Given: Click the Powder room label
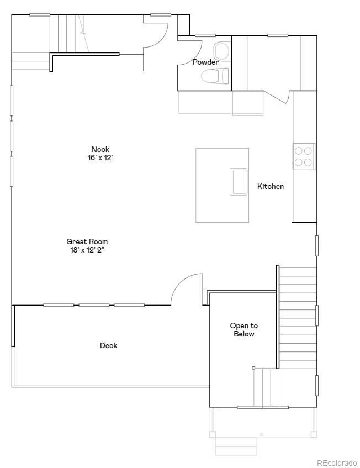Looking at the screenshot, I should [x=205, y=62].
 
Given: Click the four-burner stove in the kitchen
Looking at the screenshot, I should [x=303, y=155].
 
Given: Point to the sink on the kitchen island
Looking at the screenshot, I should [x=239, y=182].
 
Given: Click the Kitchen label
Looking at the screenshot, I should [x=271, y=187].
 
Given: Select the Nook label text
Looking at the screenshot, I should [x=100, y=149].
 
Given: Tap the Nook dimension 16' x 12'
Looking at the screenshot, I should [x=100, y=157].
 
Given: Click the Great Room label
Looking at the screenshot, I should [x=87, y=241].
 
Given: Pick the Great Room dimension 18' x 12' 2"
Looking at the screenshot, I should [x=87, y=250].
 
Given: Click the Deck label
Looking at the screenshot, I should [x=108, y=346].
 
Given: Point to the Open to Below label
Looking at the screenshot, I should [x=243, y=330].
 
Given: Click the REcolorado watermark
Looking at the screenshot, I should [x=336, y=462].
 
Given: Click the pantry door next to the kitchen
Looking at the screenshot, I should [x=278, y=97].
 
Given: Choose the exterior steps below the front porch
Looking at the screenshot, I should [x=236, y=445].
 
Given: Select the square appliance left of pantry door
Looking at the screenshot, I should [x=247, y=103].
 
